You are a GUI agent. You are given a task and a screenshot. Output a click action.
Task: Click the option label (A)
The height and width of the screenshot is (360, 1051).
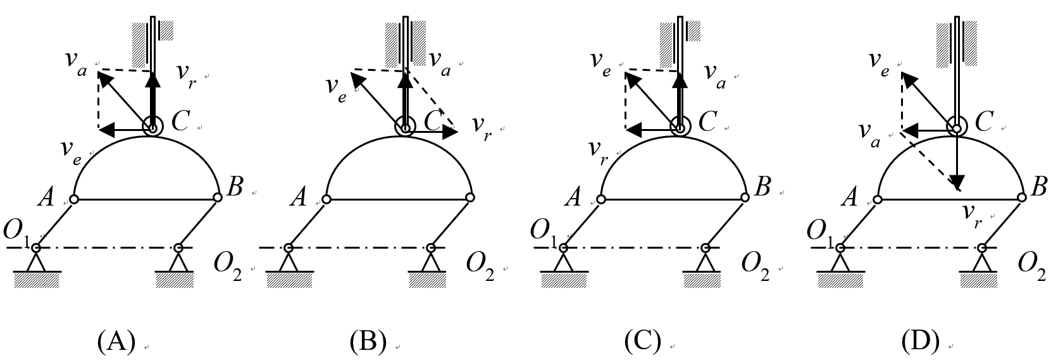116,342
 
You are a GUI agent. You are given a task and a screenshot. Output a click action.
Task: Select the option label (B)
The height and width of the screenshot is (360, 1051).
368,342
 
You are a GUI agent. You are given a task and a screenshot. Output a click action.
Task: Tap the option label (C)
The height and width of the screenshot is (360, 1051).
643,342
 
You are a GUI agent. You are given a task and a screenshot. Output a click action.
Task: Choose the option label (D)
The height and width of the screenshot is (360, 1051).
921,342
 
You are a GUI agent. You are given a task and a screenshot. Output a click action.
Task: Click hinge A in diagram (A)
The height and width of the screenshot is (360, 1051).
74,199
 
